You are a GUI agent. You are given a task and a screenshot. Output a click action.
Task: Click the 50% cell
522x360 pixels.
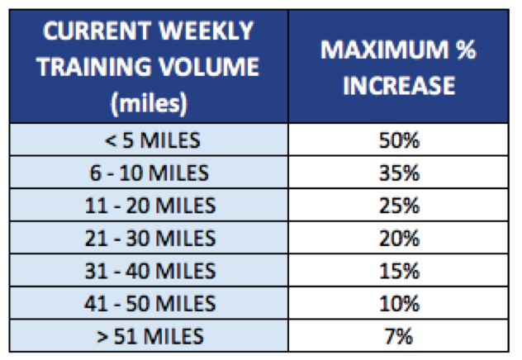(x=399, y=140)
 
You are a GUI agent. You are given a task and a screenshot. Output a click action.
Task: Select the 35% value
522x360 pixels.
(x=399, y=173)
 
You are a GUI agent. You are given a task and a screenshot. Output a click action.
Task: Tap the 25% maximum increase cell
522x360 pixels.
(x=399, y=206)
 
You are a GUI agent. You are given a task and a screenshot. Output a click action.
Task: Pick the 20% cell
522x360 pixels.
(x=399, y=239)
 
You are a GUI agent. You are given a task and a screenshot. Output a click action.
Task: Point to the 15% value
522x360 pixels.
(x=399, y=271)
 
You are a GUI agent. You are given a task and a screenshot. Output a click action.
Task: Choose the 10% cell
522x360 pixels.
(x=399, y=304)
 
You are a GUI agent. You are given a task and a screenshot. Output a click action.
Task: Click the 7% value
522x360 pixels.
(x=399, y=336)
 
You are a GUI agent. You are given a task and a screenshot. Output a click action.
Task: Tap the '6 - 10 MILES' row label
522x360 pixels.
(x=149, y=173)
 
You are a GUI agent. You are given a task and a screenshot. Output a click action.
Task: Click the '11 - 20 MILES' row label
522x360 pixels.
(x=149, y=206)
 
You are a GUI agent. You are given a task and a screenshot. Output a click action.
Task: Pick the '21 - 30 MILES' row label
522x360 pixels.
(x=149, y=239)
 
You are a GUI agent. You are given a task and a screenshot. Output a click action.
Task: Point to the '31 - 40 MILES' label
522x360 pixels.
(x=149, y=271)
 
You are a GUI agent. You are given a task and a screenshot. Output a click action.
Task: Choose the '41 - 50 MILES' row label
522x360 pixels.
(x=149, y=304)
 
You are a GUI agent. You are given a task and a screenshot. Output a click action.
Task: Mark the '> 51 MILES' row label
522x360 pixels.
(x=149, y=336)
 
